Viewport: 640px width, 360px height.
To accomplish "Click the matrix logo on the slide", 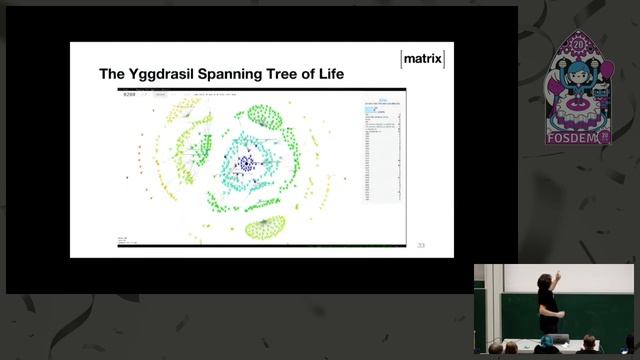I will coord(422,59).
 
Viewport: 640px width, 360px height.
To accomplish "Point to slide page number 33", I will coord(421,245).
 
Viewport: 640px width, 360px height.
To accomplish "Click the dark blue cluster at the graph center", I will coord(246,161).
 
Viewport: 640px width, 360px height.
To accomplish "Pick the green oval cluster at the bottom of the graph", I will coord(265,227).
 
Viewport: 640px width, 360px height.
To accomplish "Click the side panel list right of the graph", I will coord(383,150).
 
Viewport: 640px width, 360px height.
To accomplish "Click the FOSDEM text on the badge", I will coord(574,138).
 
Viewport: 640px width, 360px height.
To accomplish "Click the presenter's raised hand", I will coord(558,272).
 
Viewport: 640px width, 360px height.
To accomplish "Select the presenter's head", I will coord(544,281).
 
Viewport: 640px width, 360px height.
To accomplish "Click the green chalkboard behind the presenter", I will coord(600,315).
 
